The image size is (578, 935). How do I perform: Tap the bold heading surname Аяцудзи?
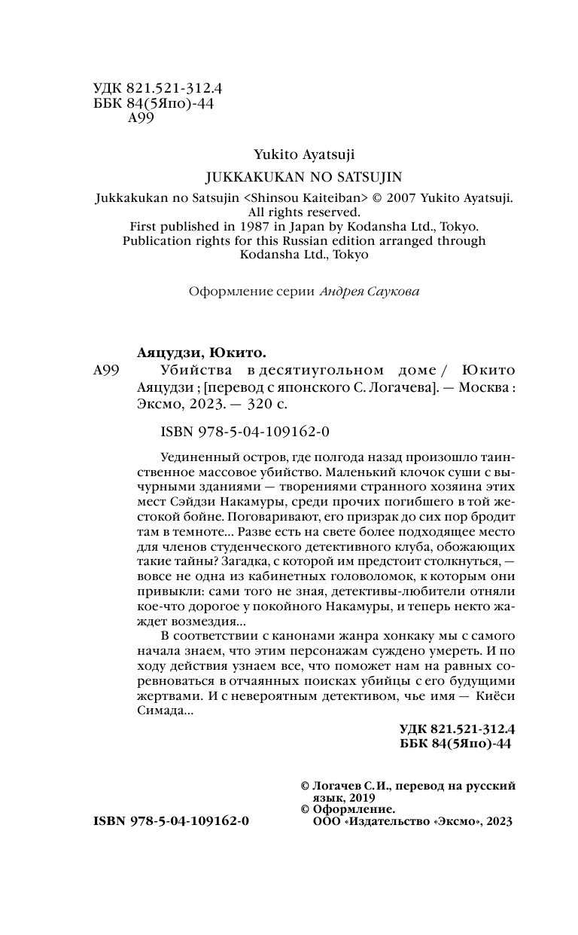click(x=175, y=353)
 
